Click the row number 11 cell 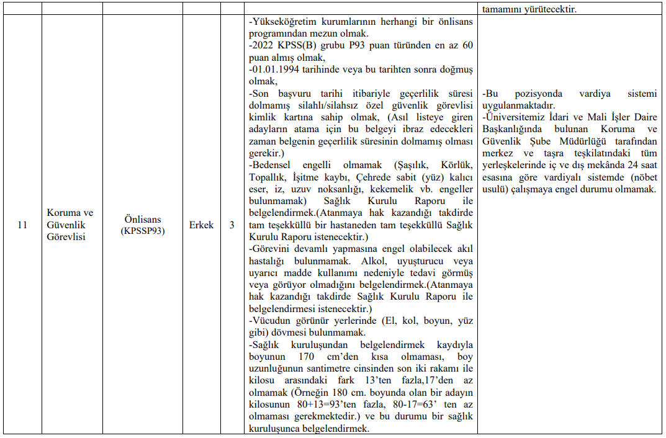pyautogui.click(x=22, y=225)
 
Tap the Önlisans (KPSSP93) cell pyautogui.click(x=143, y=225)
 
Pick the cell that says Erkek pyautogui.click(x=201, y=225)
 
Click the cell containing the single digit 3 pyautogui.click(x=232, y=225)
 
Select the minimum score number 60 pyautogui.click(x=467, y=45)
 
